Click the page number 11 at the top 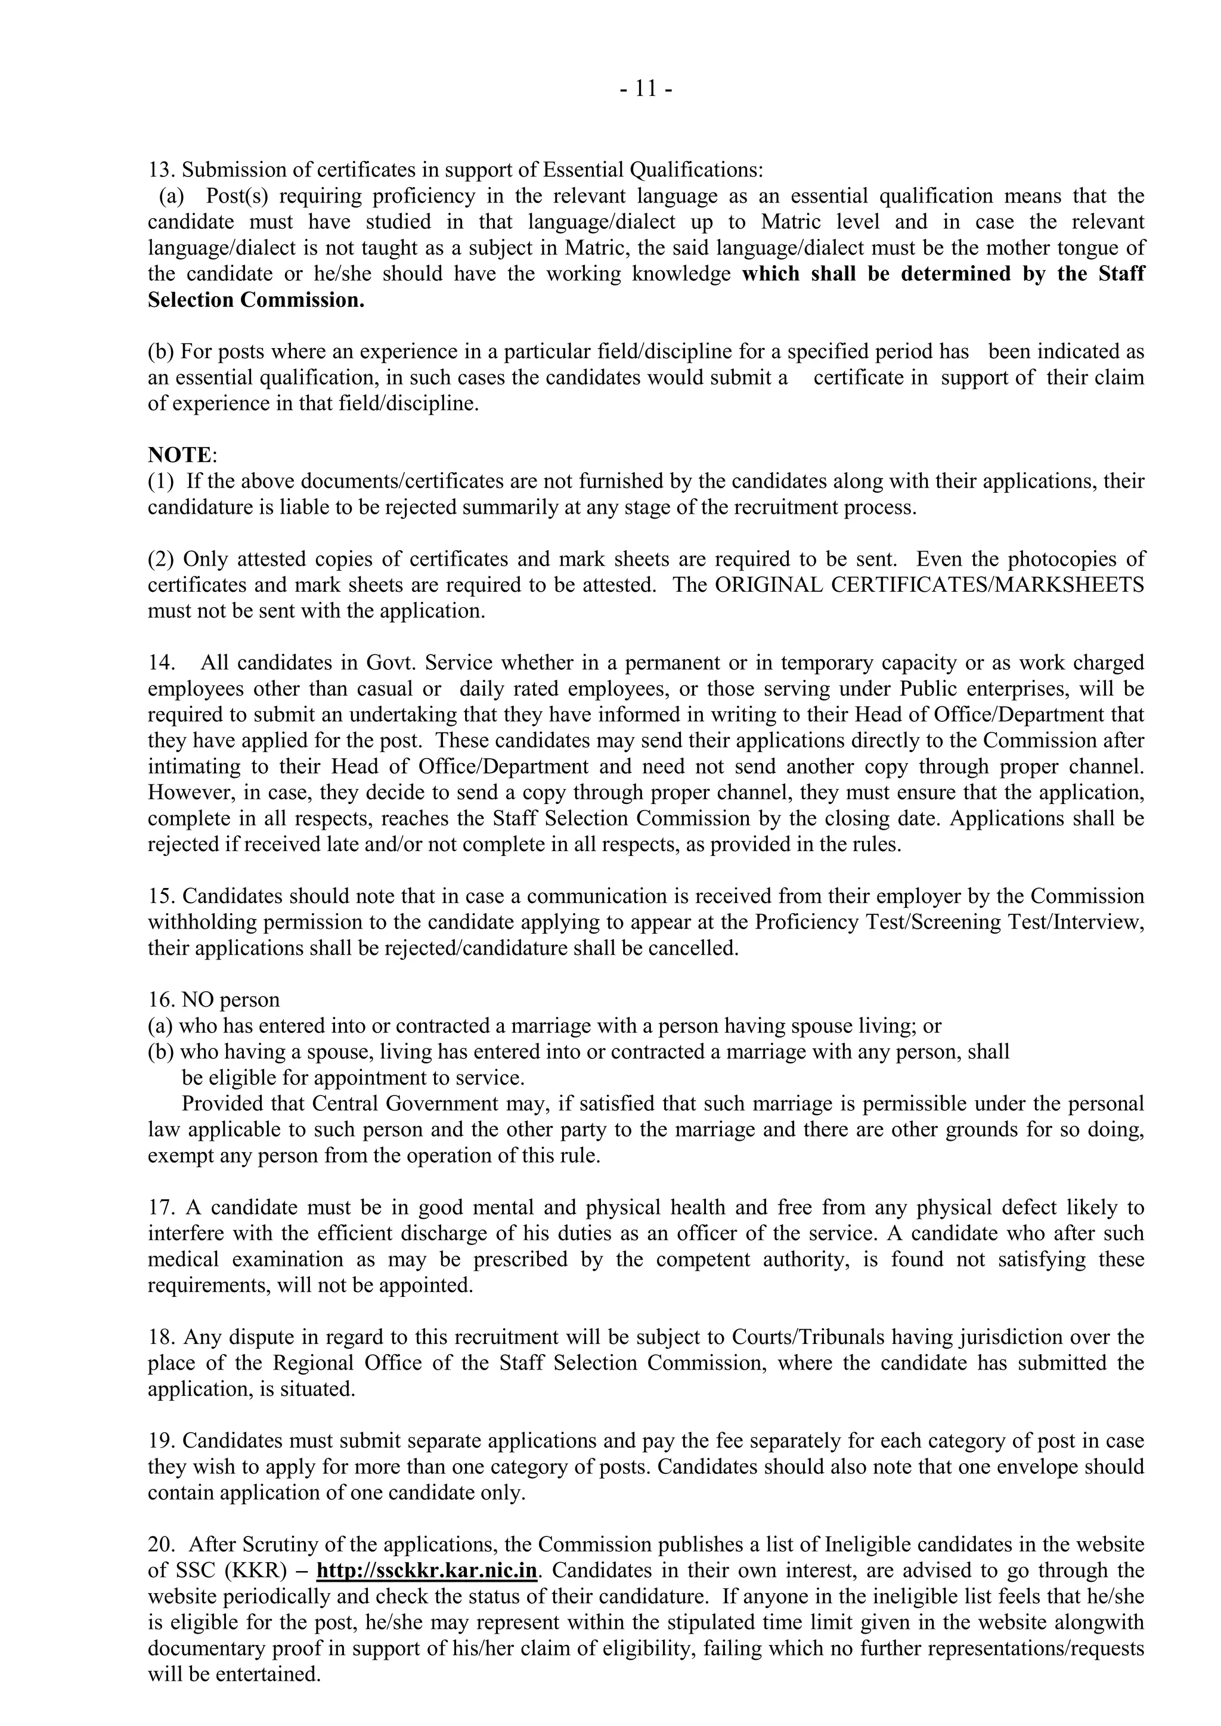tap(646, 89)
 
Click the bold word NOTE tap(179, 455)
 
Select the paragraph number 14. tap(160, 663)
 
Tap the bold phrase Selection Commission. tap(256, 300)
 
